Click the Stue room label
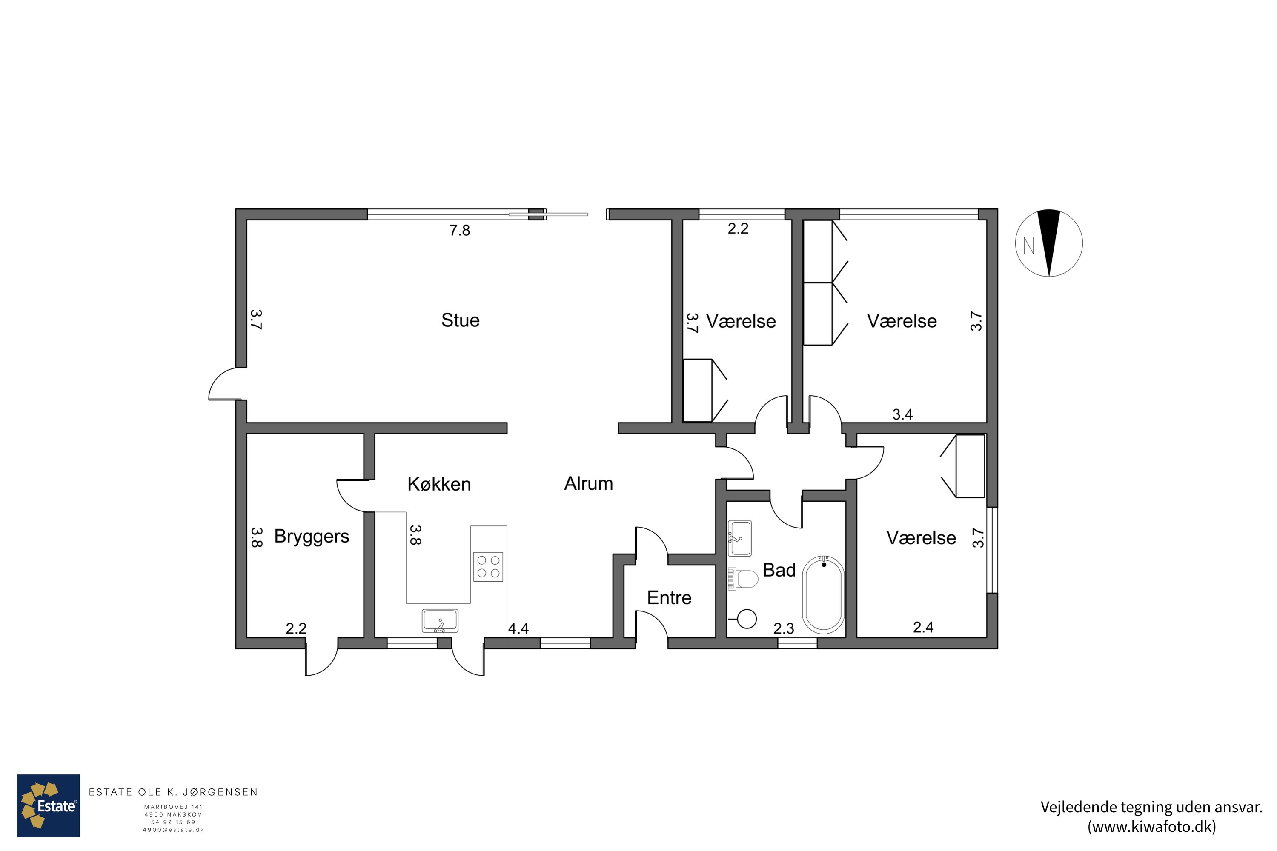click(x=461, y=320)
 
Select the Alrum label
click(x=589, y=483)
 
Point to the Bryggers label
click(x=312, y=537)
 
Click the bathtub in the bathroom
click(x=824, y=595)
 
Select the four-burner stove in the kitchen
click(x=488, y=567)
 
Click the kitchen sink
click(x=440, y=621)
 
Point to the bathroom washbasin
click(x=739, y=538)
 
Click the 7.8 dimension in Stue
click(x=459, y=231)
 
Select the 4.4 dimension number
click(x=518, y=628)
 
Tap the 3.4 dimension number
click(x=902, y=414)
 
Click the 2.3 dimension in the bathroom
click(x=784, y=628)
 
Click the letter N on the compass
click(x=1028, y=246)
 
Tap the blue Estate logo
click(x=49, y=805)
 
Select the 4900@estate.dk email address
click(x=173, y=830)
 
